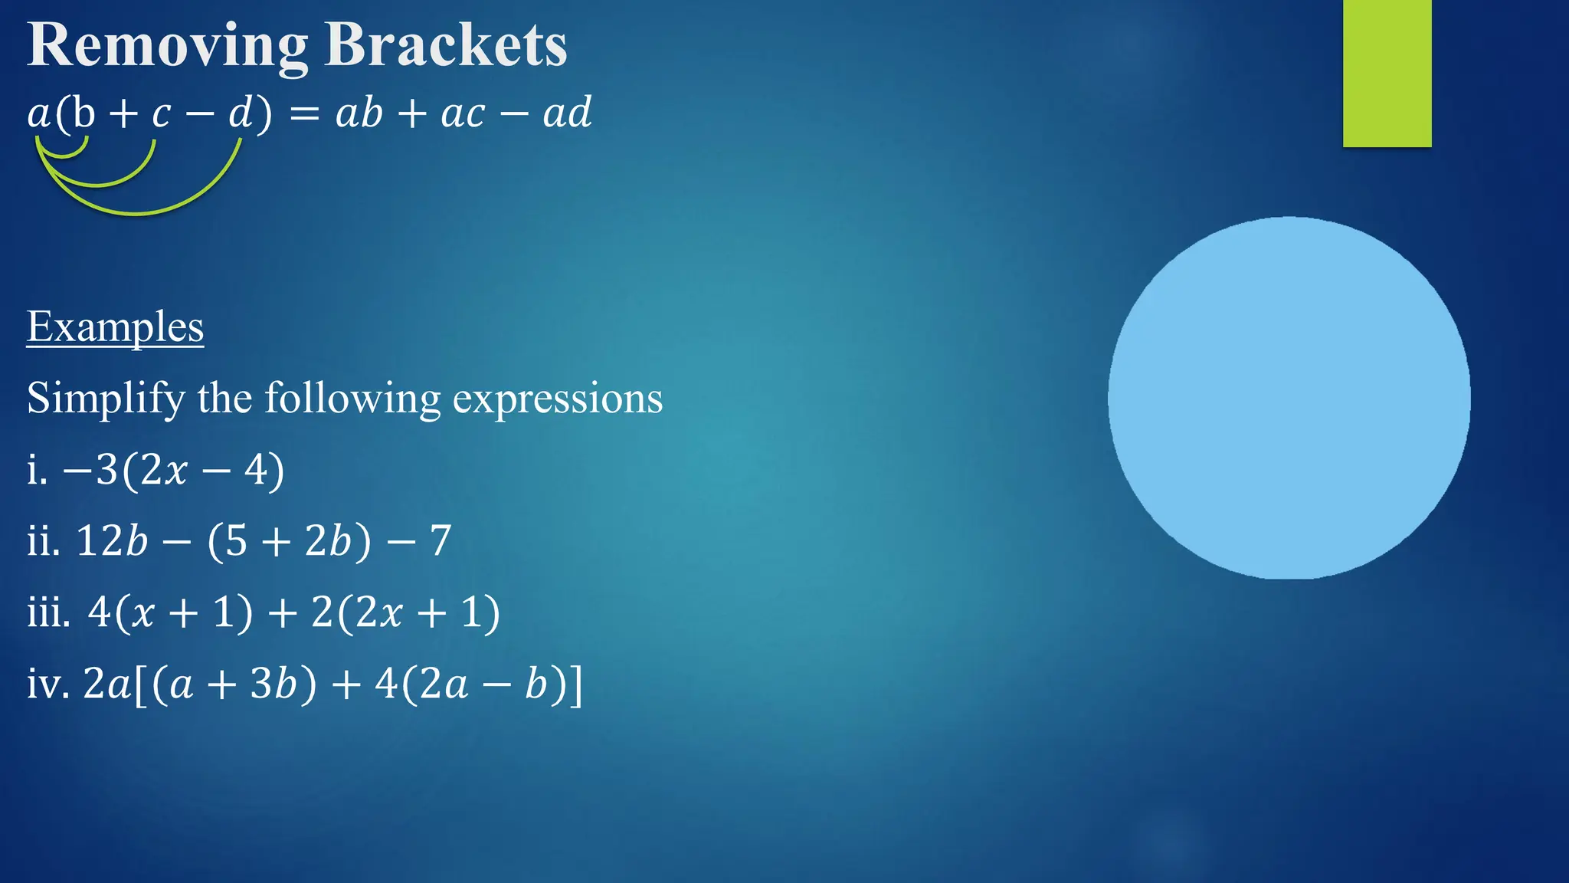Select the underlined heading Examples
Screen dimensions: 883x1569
(x=115, y=327)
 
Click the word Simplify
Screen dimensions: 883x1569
(x=106, y=399)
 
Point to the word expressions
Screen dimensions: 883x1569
(x=558, y=399)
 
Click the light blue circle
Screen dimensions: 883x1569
(x=1289, y=398)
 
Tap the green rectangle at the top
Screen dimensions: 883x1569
(x=1387, y=73)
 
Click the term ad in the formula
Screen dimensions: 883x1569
(x=567, y=113)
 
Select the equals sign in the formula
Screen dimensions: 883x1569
(x=303, y=115)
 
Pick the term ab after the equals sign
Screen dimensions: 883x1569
(x=359, y=113)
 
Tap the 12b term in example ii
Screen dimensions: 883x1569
(x=112, y=541)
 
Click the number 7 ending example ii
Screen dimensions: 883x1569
(x=441, y=541)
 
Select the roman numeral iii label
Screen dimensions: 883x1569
(x=48, y=612)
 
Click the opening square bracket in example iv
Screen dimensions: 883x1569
(x=140, y=684)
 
